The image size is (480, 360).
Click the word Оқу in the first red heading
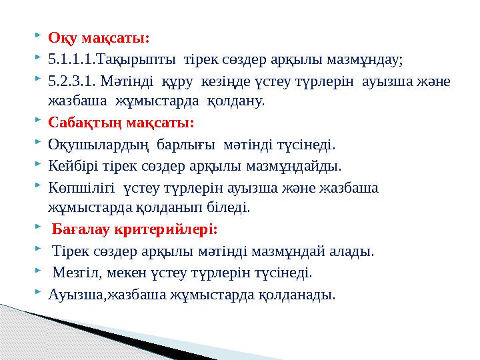coord(61,37)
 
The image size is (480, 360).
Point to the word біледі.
coord(231,208)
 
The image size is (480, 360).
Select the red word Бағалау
coord(82,230)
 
